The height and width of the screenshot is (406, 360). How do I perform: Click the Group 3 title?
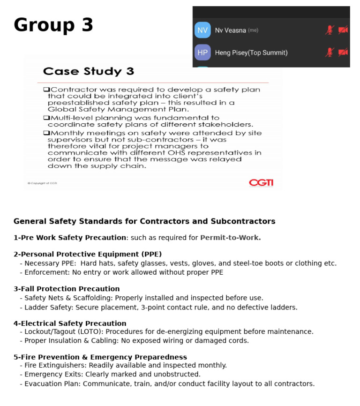pyautogui.click(x=53, y=25)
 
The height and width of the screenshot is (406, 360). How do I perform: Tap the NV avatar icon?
pyautogui.click(x=202, y=30)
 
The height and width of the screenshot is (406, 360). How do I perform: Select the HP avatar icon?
pyautogui.click(x=202, y=53)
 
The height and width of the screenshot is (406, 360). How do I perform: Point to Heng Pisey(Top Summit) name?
pyautogui.click(x=251, y=53)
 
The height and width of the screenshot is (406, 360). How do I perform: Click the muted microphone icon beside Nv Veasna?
pyautogui.click(x=330, y=30)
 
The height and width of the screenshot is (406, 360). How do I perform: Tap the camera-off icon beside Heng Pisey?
pyautogui.click(x=343, y=52)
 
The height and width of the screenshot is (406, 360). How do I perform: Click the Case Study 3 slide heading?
pyautogui.click(x=89, y=72)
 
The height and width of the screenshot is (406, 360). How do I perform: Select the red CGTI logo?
pyautogui.click(x=261, y=182)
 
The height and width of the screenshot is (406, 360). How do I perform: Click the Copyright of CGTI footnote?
pyautogui.click(x=42, y=183)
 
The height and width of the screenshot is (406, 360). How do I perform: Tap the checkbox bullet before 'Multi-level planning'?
pyautogui.click(x=46, y=118)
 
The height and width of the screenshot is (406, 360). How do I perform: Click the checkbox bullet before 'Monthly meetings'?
pyautogui.click(x=46, y=133)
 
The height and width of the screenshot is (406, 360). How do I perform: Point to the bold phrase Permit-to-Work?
pyautogui.click(x=230, y=238)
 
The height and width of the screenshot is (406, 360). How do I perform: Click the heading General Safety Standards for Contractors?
pyautogui.click(x=144, y=221)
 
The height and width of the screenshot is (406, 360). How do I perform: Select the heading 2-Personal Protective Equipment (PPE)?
pyautogui.click(x=88, y=254)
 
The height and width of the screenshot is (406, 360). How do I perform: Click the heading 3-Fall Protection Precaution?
pyautogui.click(x=67, y=289)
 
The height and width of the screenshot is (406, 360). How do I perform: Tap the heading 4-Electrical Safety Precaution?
pyautogui.click(x=70, y=323)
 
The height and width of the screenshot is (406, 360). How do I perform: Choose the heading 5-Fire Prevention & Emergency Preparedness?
pyautogui.click(x=100, y=357)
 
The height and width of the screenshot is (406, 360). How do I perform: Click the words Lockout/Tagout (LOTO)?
pyautogui.click(x=63, y=331)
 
